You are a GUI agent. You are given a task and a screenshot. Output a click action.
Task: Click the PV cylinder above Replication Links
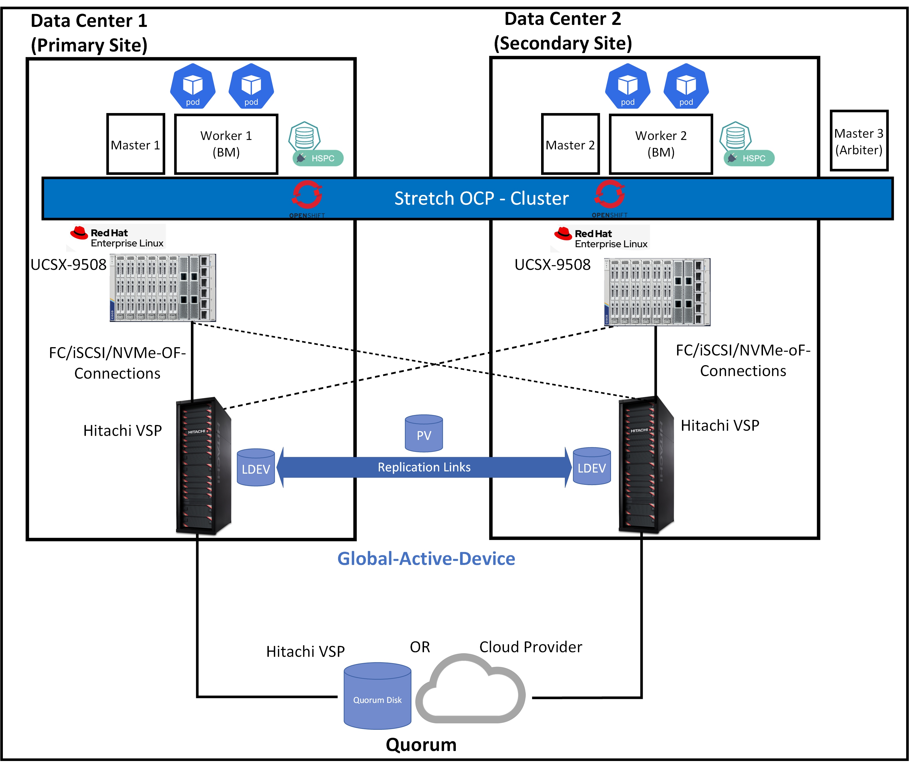(x=424, y=434)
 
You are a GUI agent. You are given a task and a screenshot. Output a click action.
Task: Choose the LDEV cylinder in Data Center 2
(x=591, y=466)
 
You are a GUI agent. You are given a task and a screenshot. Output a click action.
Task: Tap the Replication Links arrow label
(x=424, y=467)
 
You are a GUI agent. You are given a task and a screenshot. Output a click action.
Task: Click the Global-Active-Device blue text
(x=426, y=558)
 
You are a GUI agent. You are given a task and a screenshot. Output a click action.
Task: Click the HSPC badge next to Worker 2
(x=749, y=158)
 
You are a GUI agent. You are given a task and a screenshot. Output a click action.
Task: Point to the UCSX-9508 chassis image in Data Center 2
(x=657, y=292)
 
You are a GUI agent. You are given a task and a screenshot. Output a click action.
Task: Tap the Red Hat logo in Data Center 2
(x=563, y=234)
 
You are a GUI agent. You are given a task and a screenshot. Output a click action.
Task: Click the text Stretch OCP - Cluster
(x=481, y=198)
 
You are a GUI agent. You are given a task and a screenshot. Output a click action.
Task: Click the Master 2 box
(x=570, y=144)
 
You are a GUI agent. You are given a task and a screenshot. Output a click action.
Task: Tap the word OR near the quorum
(x=420, y=647)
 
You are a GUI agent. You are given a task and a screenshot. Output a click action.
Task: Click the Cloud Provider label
(x=530, y=647)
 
